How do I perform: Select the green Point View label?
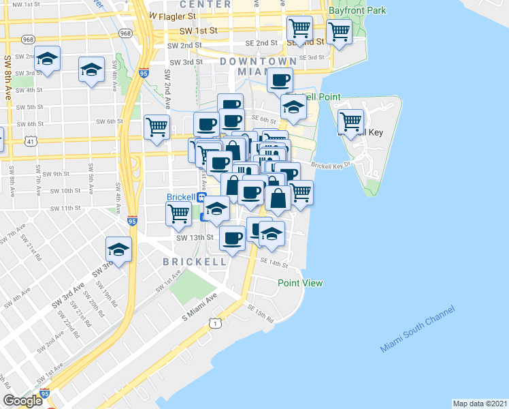click(x=299, y=283)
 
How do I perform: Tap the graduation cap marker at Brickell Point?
click(x=294, y=107)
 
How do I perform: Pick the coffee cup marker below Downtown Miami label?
click(x=280, y=80)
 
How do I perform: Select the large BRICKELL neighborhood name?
click(x=195, y=261)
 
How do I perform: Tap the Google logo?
click(x=22, y=400)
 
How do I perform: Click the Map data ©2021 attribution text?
click(x=480, y=403)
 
